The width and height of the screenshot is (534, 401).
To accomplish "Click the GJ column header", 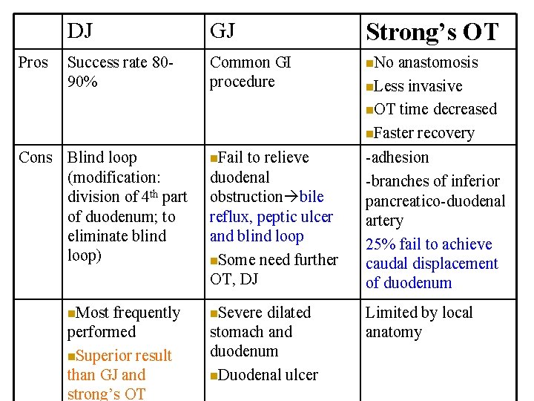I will [222, 31].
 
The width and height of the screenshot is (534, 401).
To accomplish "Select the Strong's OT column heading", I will [432, 32].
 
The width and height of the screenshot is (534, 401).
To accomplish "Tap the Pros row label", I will [33, 62].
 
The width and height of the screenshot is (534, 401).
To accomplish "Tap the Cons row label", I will [36, 157].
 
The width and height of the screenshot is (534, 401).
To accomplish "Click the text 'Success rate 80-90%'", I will [118, 72].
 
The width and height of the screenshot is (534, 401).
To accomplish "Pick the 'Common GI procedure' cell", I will [250, 72].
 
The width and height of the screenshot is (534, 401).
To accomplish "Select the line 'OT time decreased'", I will [435, 109].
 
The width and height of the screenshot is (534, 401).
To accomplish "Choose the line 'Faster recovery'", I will [423, 133].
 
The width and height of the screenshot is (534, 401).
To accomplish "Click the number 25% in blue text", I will [380, 244].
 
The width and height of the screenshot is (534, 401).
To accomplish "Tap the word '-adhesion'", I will [397, 157].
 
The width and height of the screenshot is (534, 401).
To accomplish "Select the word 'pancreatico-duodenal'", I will [435, 201].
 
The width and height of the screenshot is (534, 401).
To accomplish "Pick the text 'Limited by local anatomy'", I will [418, 322].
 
